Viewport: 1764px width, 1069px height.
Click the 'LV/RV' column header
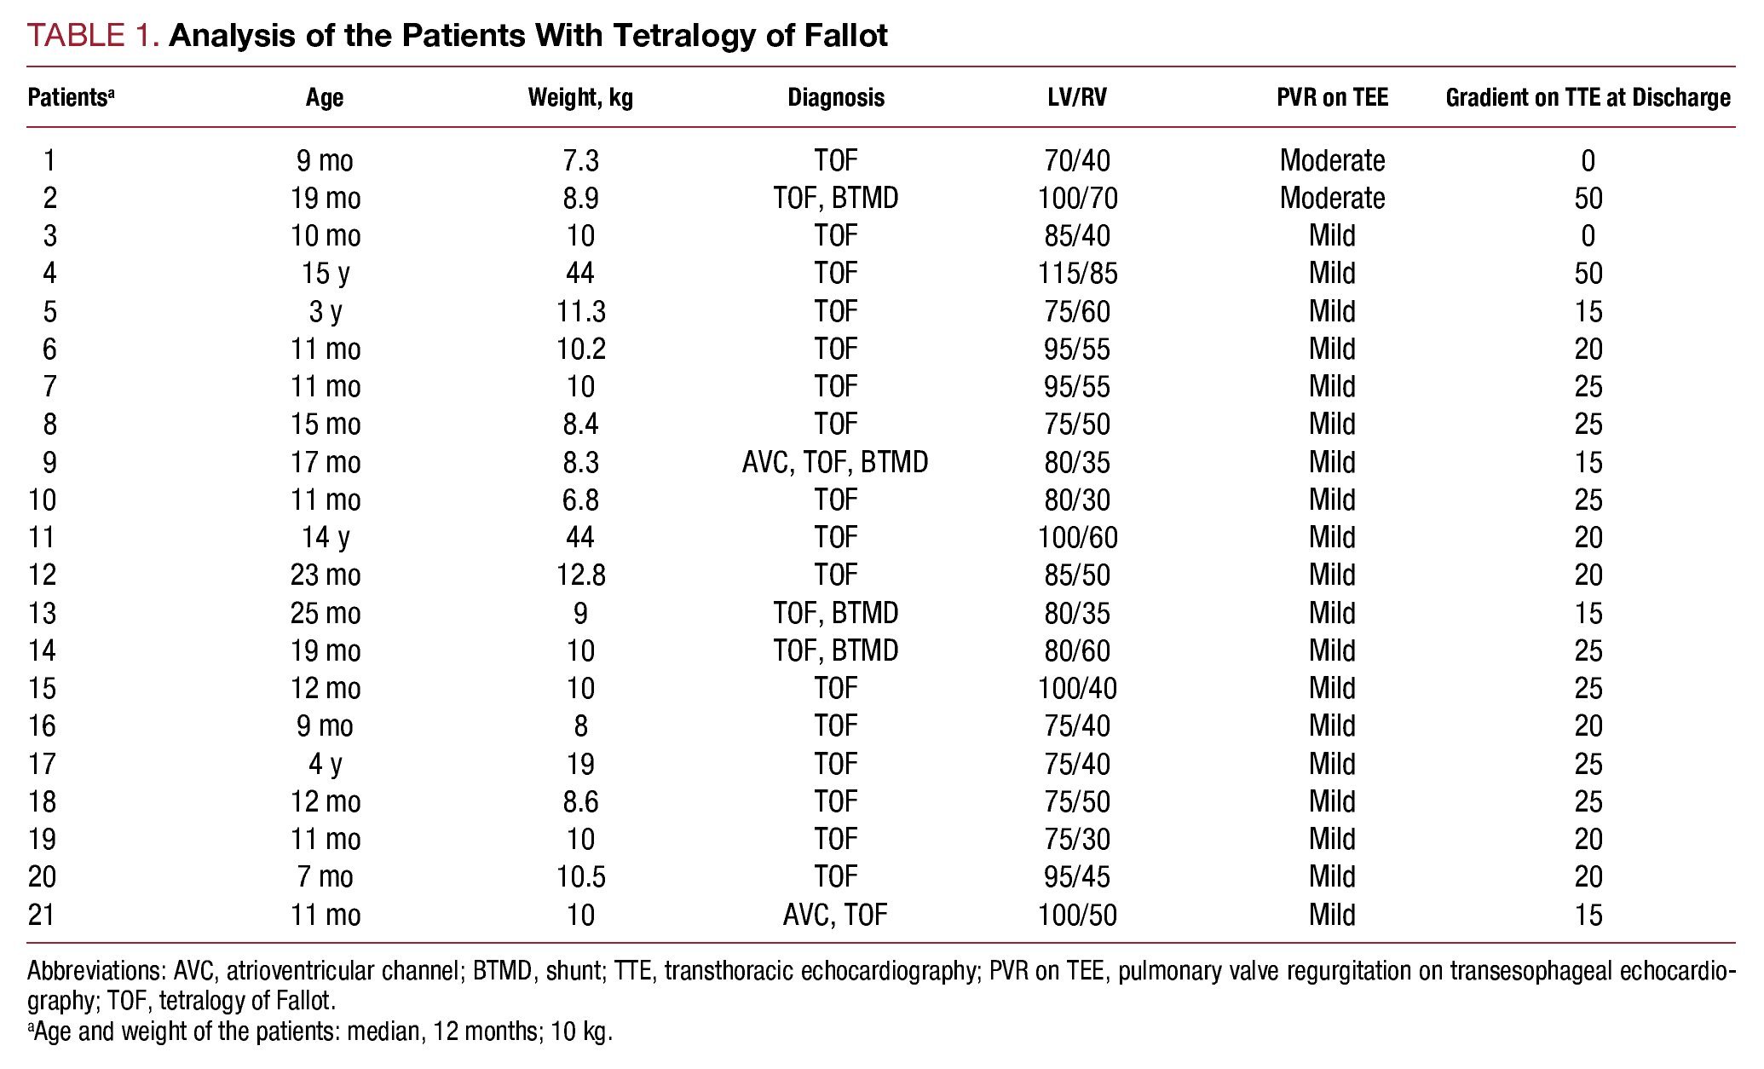1077,98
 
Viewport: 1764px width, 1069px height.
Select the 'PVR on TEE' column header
1332,98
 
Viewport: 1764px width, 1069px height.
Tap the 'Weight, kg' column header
580,98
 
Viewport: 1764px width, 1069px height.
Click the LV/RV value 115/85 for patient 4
1077,274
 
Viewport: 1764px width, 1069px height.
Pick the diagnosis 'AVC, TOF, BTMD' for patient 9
835,463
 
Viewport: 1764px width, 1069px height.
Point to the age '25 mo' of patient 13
326,614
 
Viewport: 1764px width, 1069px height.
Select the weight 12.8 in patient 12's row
580,575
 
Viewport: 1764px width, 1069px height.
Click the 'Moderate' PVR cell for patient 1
1332,160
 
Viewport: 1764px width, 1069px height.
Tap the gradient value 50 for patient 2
1588,199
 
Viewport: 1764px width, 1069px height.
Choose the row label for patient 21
42,916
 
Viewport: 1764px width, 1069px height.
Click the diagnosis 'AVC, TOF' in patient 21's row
835,916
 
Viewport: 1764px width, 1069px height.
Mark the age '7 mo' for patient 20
326,877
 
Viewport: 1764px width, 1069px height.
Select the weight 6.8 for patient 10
580,500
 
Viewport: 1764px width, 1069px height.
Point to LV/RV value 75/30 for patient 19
1077,840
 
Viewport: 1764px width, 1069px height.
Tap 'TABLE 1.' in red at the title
94,35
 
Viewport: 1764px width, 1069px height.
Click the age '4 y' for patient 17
326,765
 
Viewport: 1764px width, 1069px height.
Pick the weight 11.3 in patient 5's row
580,312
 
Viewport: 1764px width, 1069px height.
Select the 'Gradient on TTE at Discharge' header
1588,98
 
